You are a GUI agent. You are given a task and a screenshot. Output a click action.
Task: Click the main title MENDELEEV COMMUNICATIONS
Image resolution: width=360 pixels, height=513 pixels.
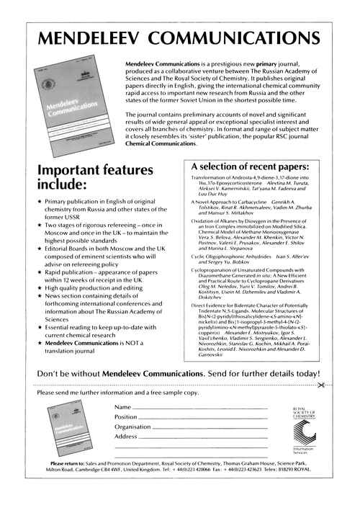click(180, 38)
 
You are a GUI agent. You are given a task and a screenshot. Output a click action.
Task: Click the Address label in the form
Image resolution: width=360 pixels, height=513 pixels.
click(125, 436)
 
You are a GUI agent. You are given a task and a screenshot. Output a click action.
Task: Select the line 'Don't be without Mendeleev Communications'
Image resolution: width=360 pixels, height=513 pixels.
click(180, 374)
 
